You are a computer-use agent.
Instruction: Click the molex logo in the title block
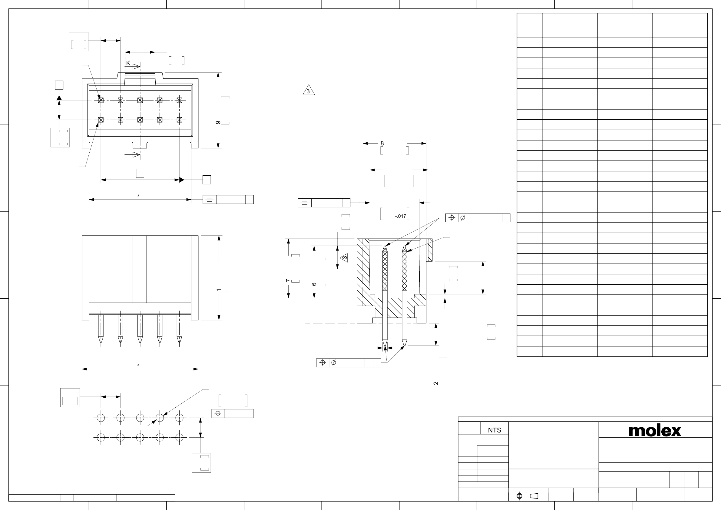[655, 431]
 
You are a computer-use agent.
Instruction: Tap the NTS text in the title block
[494, 430]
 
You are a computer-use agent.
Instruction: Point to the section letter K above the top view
[128, 63]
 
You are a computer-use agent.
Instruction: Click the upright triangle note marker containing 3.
[309, 90]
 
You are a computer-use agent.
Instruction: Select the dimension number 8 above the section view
[382, 144]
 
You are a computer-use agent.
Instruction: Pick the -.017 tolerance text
[400, 216]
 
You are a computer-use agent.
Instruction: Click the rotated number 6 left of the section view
[314, 284]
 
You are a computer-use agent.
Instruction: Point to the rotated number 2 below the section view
[435, 383]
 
